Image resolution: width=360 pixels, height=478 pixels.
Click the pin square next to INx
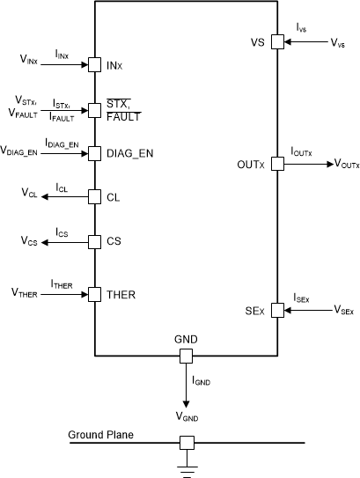coord(93,63)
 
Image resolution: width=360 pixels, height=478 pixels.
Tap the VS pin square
coord(276,41)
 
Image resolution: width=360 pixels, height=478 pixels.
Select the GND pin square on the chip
coord(185,356)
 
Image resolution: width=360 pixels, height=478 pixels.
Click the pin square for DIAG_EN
coord(93,153)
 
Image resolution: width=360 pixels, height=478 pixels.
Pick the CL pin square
coord(93,196)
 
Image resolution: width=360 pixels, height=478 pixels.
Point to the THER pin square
coord(93,293)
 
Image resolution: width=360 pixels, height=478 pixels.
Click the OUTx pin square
coord(276,164)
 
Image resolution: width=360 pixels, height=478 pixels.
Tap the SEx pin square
coord(276,310)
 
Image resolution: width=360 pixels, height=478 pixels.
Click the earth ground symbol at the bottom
coord(186,467)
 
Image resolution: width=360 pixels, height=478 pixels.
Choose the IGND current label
coord(202,380)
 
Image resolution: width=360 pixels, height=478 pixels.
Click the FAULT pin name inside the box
coord(122,115)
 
